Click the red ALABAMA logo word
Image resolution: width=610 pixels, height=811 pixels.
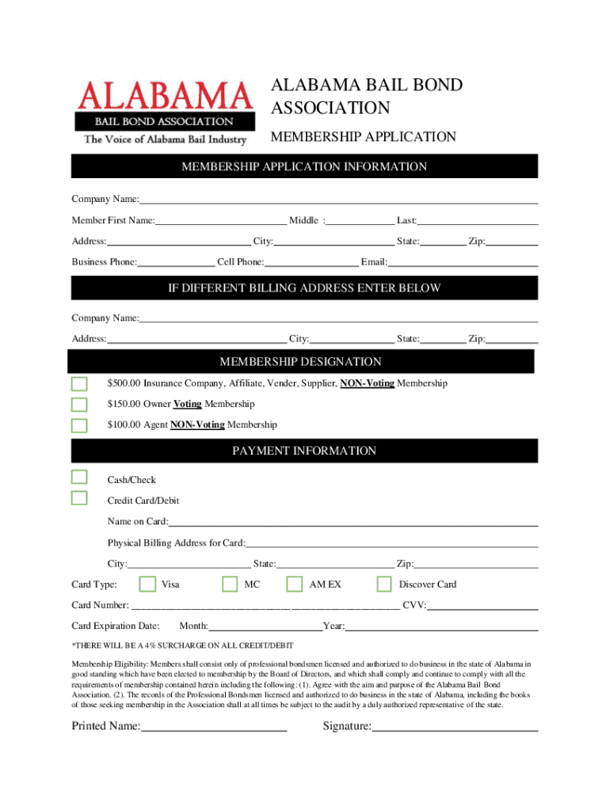pos(165,97)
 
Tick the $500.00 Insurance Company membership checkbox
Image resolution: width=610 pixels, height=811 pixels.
pos(79,384)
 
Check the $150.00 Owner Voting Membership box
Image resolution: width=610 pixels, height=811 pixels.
pos(79,405)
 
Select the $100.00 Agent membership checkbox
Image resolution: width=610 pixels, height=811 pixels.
pos(79,425)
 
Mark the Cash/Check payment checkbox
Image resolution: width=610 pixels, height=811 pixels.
pos(79,477)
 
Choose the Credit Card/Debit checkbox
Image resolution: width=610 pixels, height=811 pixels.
pos(79,497)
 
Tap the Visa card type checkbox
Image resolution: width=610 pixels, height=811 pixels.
pos(147,584)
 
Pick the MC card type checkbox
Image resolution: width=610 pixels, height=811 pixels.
pos(230,584)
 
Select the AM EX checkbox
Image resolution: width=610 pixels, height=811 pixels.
pos(294,584)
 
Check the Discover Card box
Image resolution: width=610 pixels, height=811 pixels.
pos(384,584)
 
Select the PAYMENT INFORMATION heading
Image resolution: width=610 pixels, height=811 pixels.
pos(304,451)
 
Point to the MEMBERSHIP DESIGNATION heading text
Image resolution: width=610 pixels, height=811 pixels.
pos(300,362)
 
